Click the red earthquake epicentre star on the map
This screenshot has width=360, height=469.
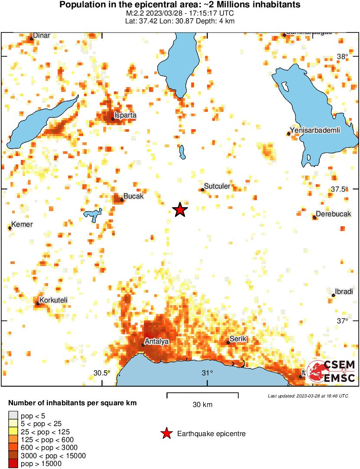(180, 210)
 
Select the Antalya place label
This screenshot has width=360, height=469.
(156, 342)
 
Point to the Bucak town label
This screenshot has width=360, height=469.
(133, 196)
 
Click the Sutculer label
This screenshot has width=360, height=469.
(217, 186)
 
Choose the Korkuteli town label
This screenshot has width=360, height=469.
(53, 300)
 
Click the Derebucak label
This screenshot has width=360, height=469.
(333, 214)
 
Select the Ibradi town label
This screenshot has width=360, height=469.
(344, 292)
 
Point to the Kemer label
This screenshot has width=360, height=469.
(22, 224)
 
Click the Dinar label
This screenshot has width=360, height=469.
(42, 36)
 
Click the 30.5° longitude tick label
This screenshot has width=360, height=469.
(102, 373)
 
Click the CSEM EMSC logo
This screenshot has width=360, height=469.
(331, 371)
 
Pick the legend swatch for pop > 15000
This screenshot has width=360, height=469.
(13, 463)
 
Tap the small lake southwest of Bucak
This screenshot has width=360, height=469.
(92, 215)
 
